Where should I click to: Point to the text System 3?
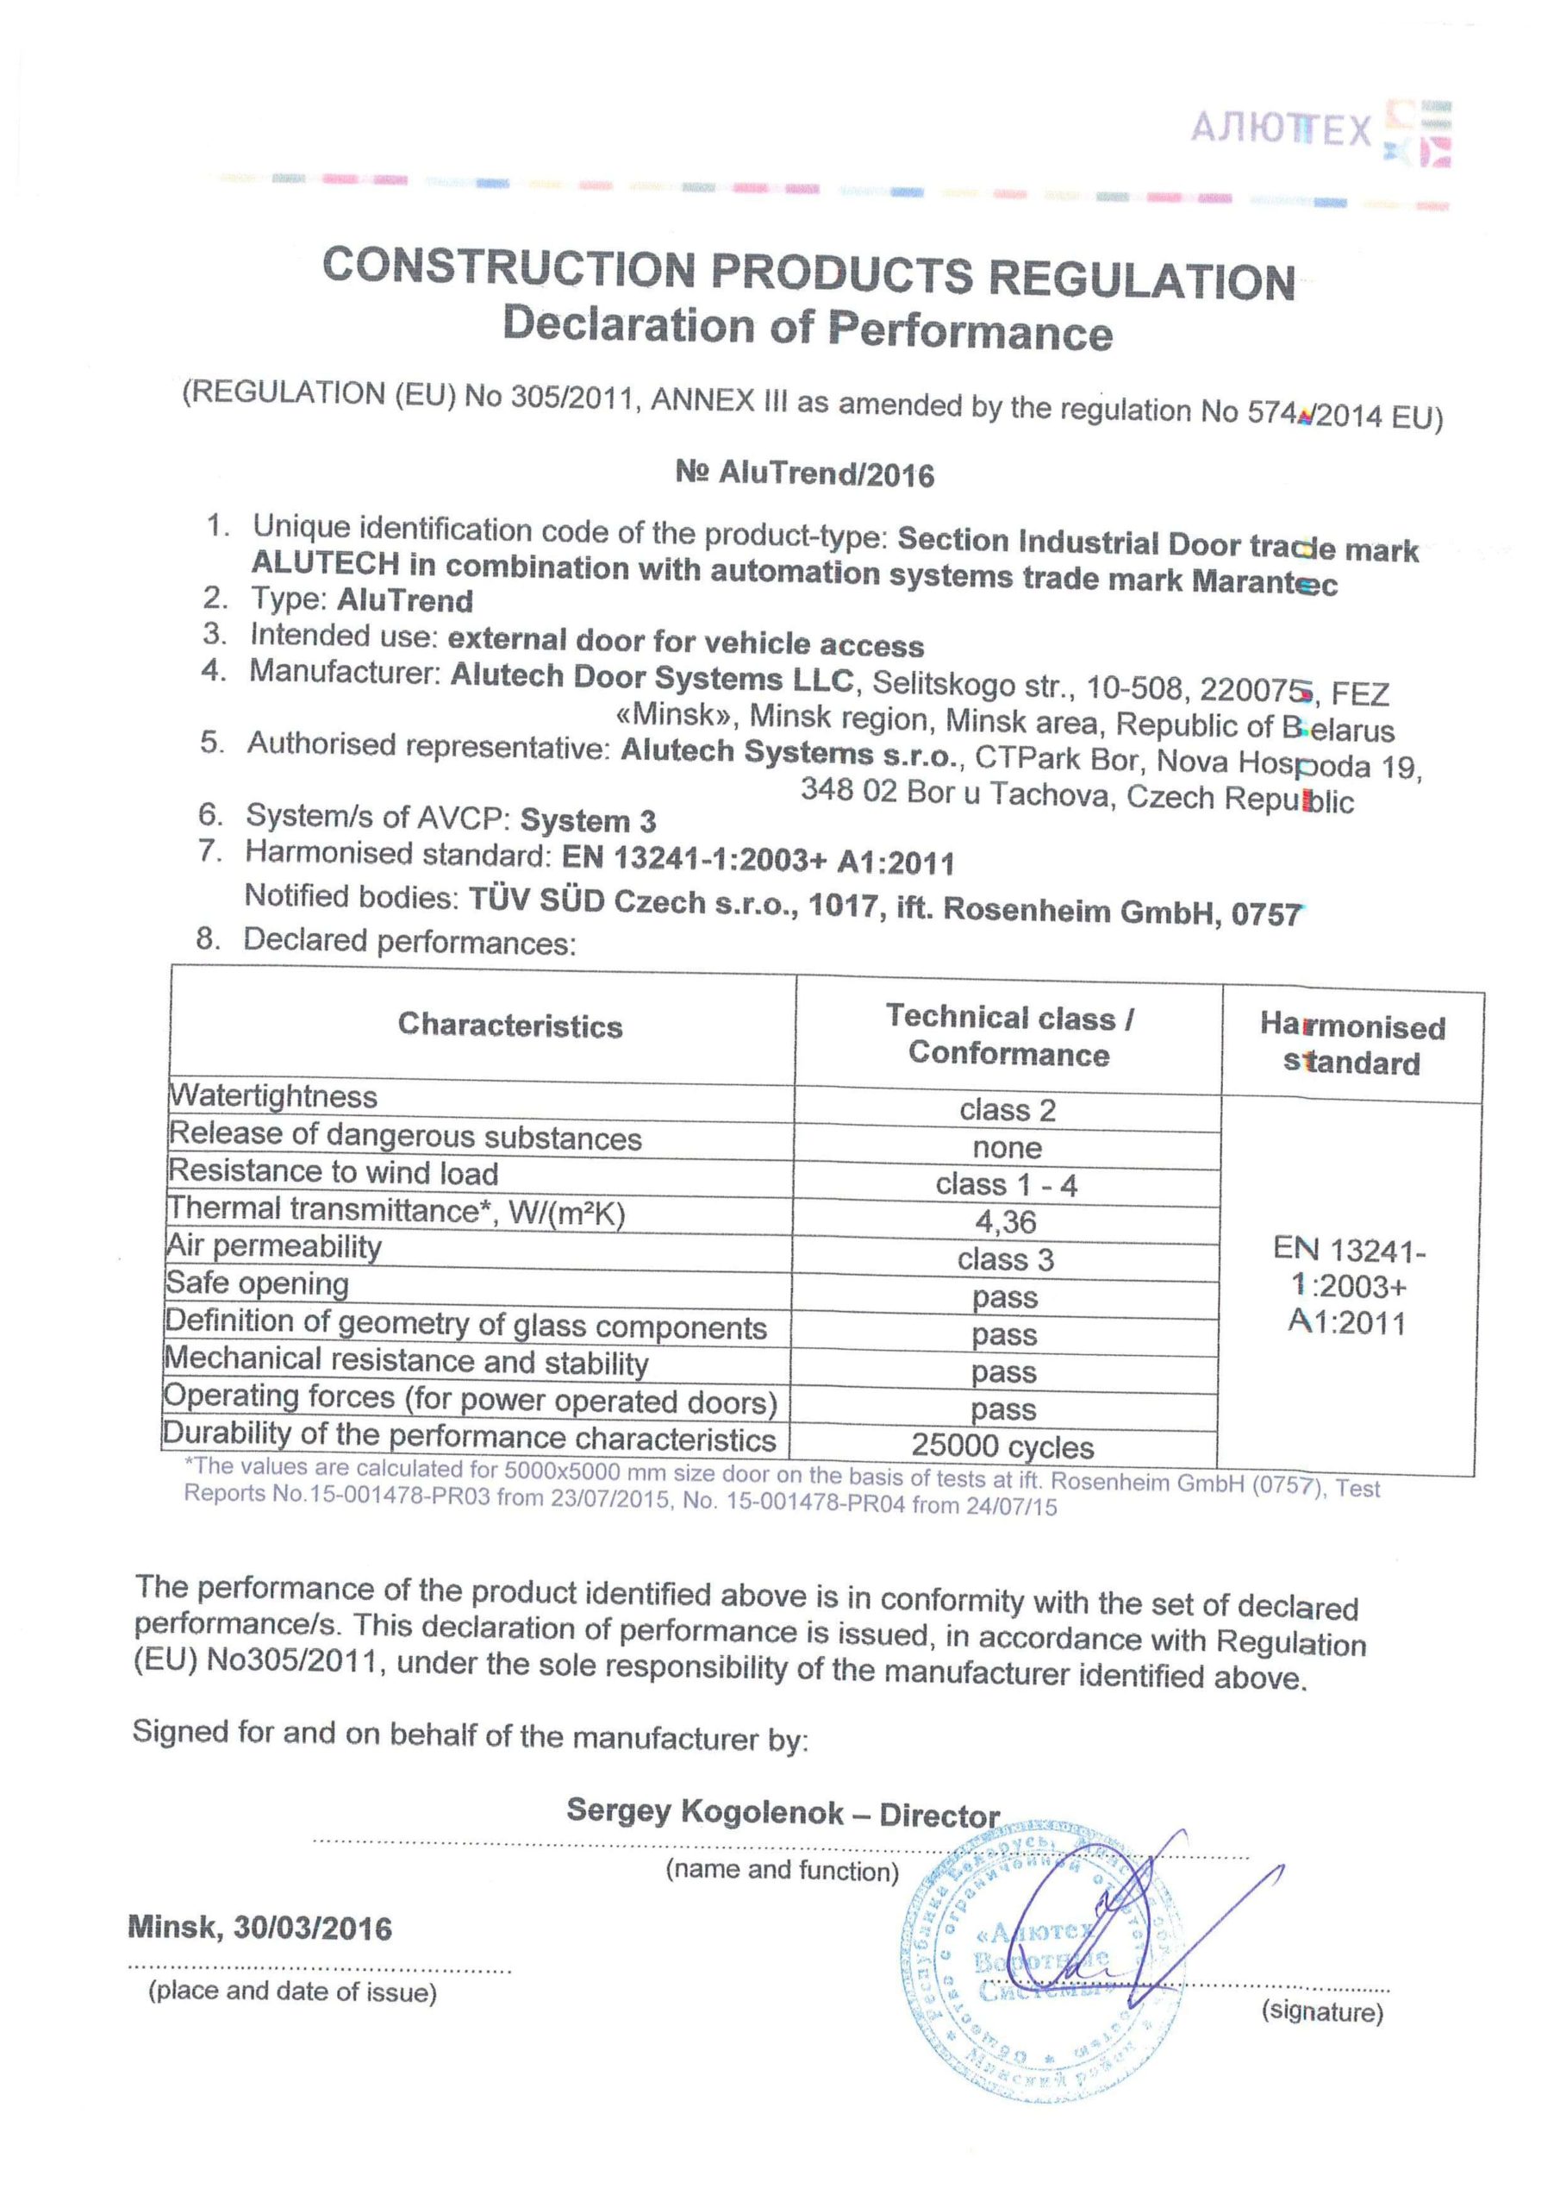(589, 820)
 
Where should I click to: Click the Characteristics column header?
(509, 1026)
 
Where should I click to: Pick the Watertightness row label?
(273, 1096)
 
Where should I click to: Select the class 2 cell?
(1008, 1110)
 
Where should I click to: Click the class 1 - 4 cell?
(1007, 1185)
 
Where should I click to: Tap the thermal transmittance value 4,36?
(1006, 1222)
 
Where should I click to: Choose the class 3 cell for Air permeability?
(1006, 1260)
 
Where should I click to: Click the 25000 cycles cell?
(1002, 1446)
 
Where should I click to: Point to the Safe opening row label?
(258, 1284)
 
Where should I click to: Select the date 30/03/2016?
(312, 1929)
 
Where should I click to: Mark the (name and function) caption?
(783, 1871)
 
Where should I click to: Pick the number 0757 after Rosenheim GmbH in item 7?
(1266, 913)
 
